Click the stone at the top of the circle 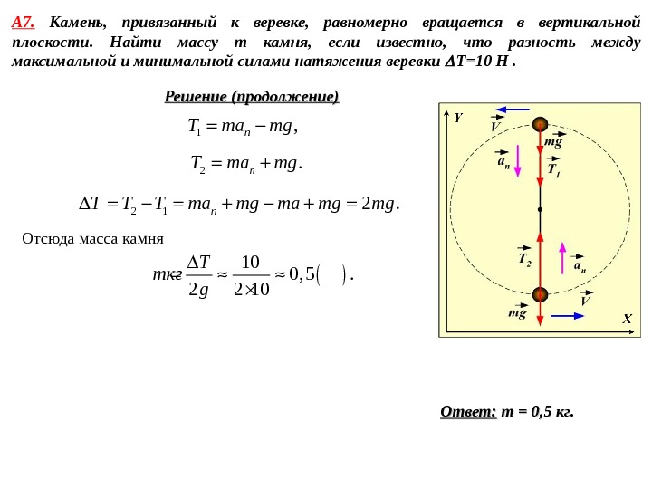point(540,125)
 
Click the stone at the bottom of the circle point(540,294)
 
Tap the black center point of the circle point(540,209)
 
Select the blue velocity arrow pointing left point(512,110)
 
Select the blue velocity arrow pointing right point(568,316)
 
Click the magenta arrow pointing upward point(562,258)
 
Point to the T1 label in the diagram point(553,169)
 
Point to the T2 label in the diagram point(524,259)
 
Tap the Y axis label point(458,118)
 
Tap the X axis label point(626,319)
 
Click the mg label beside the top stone point(553,142)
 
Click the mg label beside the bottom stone point(517,313)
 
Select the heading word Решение point(196,96)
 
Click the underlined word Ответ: point(468,412)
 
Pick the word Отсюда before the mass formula point(52,239)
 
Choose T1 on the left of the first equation point(194,127)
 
